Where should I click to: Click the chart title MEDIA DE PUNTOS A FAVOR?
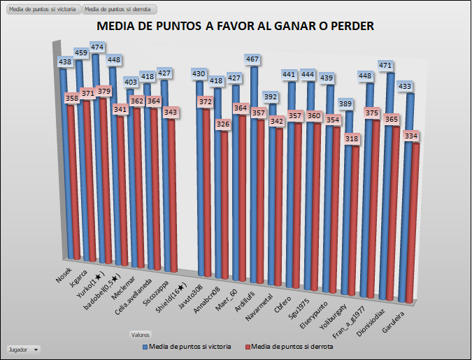click(236, 27)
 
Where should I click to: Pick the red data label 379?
click(103, 91)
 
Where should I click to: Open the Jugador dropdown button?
click(23, 348)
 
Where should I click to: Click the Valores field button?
click(141, 334)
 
